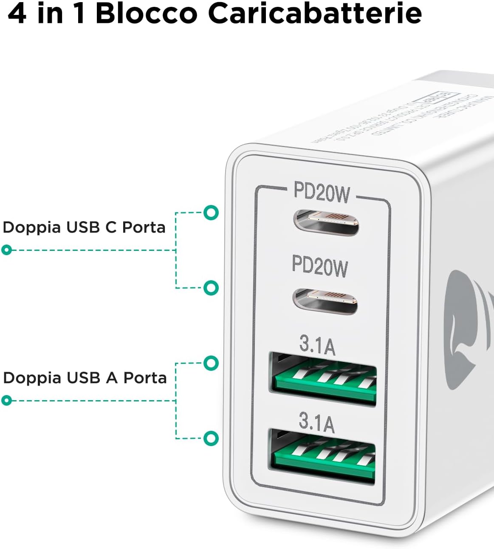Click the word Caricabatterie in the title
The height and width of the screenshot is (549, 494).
[315, 14]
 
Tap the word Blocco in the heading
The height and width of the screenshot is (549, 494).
[147, 14]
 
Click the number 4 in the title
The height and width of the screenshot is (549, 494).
[17, 14]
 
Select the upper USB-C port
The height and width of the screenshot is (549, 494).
[326, 222]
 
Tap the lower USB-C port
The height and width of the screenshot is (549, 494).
[325, 301]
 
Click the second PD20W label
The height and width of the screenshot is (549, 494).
[320, 266]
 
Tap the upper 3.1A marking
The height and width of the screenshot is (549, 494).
[317, 345]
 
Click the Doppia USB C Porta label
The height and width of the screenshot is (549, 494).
[84, 228]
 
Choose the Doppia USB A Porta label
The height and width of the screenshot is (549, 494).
[85, 378]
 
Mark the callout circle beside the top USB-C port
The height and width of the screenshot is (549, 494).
[211, 213]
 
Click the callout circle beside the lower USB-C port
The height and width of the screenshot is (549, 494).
[211, 288]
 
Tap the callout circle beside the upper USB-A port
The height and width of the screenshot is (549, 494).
[211, 363]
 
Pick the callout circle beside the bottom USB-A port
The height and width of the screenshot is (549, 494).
[211, 438]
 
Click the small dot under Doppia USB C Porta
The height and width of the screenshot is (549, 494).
[6, 250]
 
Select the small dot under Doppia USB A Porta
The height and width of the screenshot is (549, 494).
[6, 401]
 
